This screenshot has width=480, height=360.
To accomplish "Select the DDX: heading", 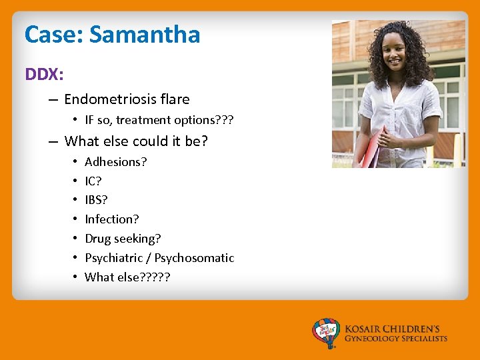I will click(44, 74).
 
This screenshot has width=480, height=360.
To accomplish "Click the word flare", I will click(174, 99).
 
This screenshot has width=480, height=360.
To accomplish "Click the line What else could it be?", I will click(136, 141).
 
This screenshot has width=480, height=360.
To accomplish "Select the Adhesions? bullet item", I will click(116, 162).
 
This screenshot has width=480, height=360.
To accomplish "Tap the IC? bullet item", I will click(93, 181).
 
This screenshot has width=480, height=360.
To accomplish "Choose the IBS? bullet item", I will click(96, 200).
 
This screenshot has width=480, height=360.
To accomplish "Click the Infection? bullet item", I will click(112, 219).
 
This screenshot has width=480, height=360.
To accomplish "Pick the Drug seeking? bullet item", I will click(123, 239).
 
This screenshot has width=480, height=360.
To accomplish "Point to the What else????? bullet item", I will click(127, 277).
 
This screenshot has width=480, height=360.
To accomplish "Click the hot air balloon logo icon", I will click(326, 333).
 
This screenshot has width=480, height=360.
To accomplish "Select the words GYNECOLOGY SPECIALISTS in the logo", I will click(396, 339).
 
